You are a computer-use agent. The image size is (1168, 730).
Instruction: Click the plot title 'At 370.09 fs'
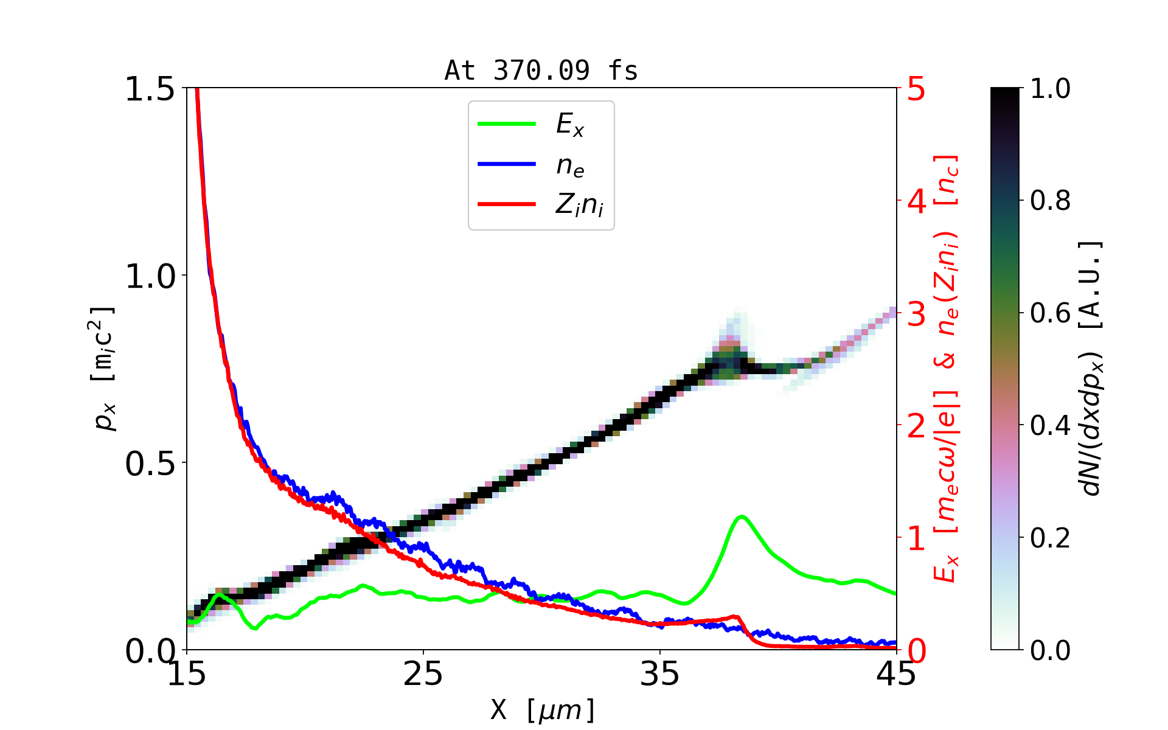541,71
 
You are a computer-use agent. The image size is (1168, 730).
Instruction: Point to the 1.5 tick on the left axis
150,89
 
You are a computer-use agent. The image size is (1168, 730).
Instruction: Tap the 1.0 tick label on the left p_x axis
150,276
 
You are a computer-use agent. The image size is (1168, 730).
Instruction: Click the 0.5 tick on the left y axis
150,464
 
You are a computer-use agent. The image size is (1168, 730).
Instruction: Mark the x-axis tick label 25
423,674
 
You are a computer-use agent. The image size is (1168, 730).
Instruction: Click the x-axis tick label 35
660,674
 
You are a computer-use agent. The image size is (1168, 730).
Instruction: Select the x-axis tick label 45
896,674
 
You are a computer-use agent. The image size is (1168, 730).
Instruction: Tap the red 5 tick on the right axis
916,89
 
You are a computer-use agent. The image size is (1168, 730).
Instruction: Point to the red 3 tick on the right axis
916,314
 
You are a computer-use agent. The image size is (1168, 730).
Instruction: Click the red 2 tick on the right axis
916,426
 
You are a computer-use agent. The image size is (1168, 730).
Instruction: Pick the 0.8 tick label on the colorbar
1050,201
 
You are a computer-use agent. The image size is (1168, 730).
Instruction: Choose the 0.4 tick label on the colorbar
1050,426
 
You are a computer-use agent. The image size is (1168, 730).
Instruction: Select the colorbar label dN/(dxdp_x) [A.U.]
1092,369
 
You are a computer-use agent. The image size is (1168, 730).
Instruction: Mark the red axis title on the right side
947,369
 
